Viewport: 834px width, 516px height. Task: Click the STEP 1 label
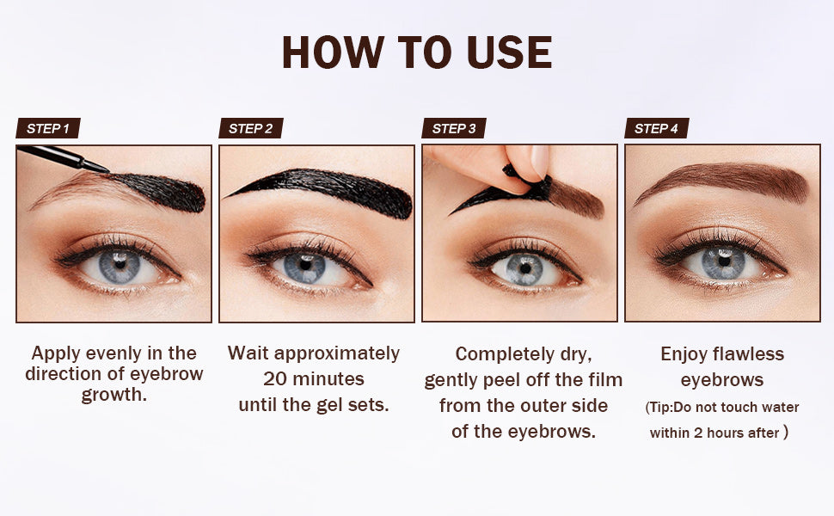48,129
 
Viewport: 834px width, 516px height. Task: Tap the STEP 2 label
251,129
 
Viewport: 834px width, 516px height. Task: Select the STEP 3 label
454,129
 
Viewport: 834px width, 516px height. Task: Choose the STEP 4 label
657,129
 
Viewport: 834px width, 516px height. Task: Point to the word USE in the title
509,53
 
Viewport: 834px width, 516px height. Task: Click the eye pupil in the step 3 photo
524,267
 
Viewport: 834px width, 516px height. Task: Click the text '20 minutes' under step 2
313,379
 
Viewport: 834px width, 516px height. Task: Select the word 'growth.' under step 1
114,396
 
